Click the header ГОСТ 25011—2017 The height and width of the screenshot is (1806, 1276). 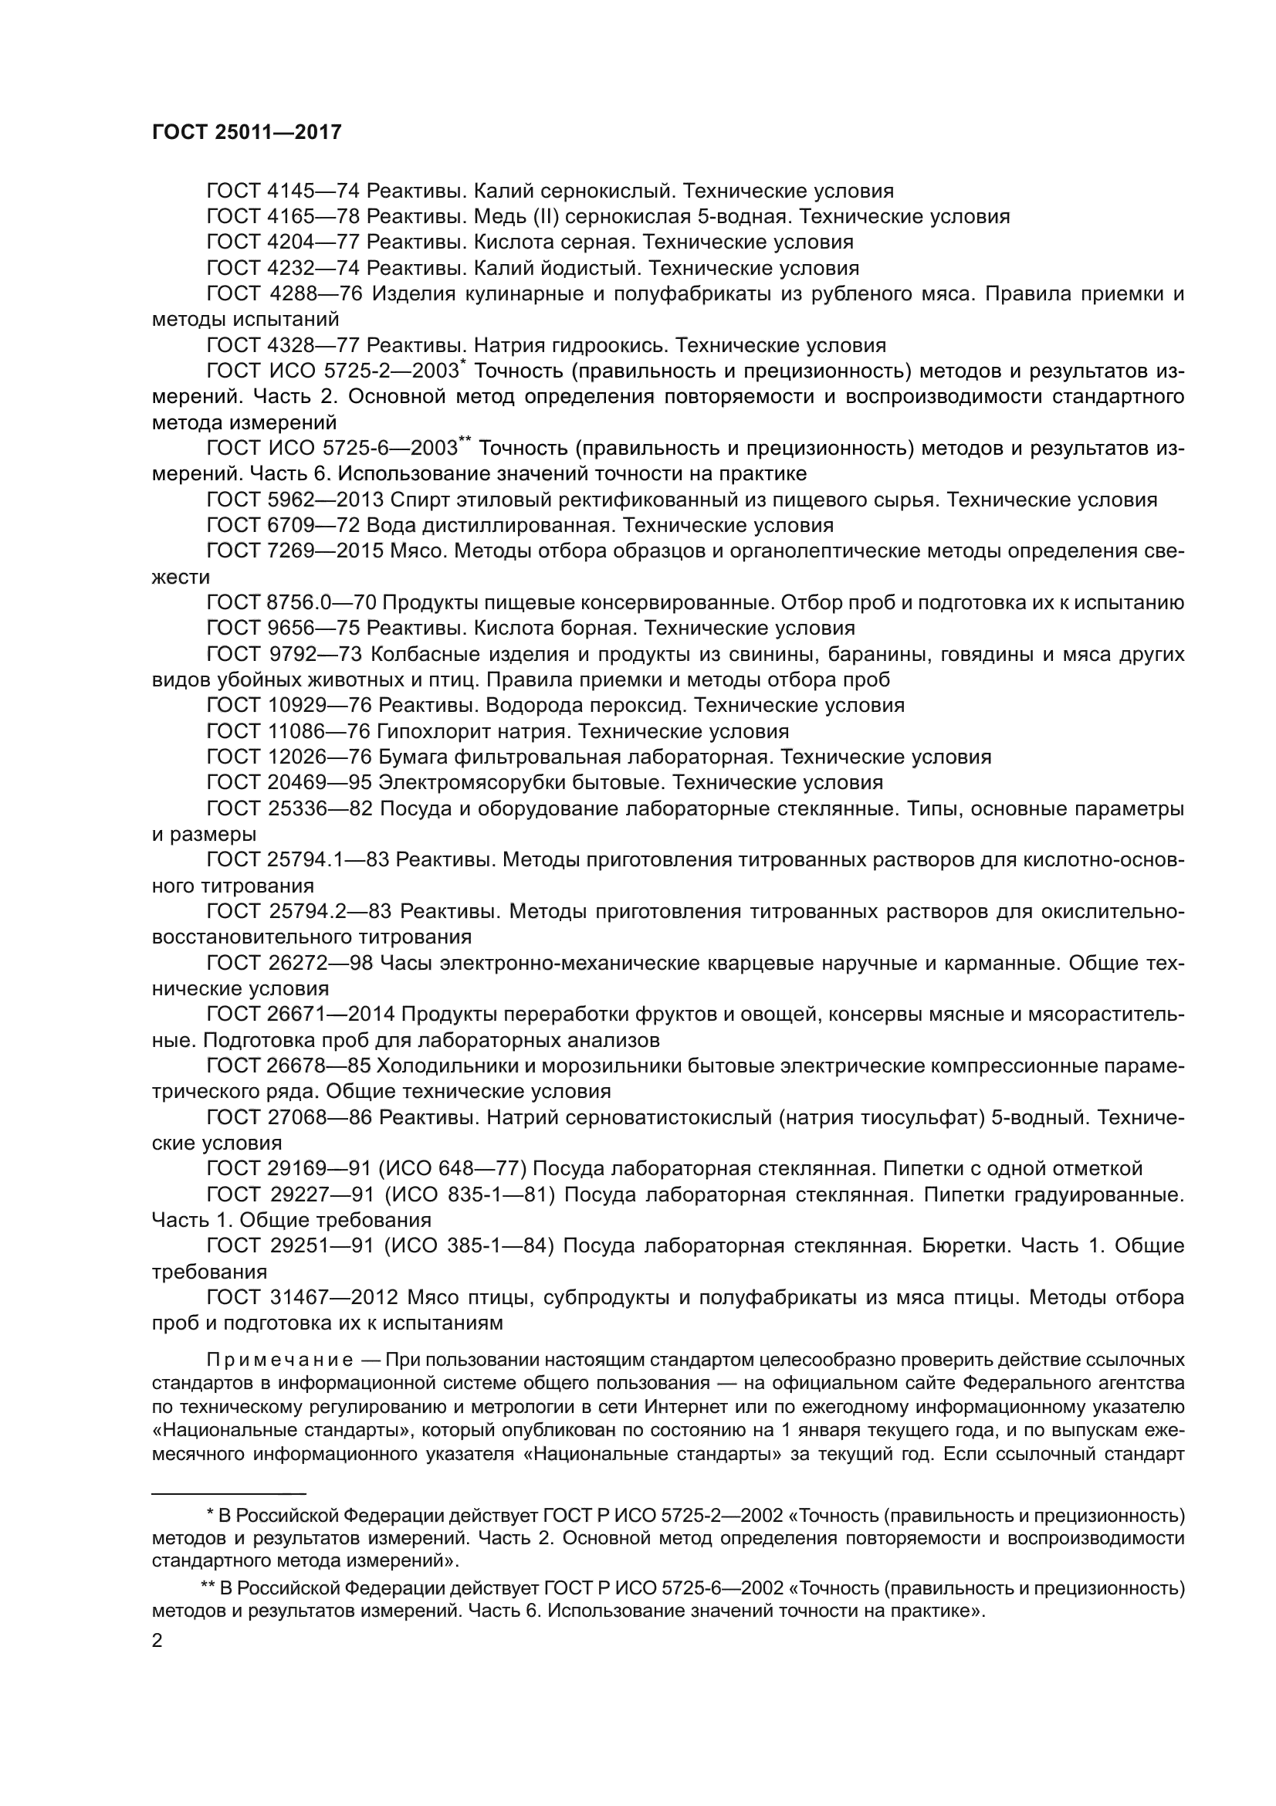tap(246, 132)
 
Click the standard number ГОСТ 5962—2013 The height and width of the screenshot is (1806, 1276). tap(294, 500)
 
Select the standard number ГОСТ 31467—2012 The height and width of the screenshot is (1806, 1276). tap(295, 1296)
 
